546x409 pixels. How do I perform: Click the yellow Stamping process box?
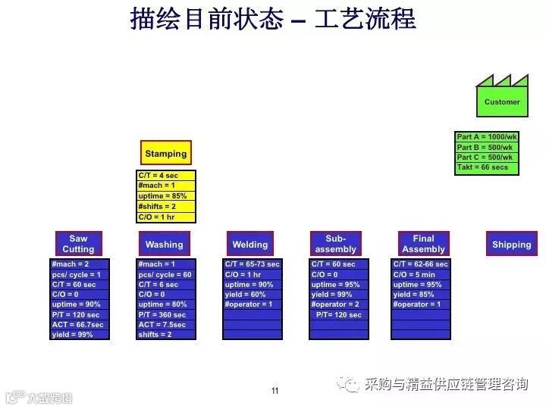click(166, 153)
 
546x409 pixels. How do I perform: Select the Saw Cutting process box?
click(78, 244)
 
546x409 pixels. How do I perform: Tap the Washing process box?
click(164, 244)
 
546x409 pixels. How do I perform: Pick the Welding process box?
click(249, 244)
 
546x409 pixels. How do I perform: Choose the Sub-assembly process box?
click(335, 244)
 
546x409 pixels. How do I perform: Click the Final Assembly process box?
click(423, 244)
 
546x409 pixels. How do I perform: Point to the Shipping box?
click(511, 244)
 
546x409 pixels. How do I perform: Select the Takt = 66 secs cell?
click(487, 167)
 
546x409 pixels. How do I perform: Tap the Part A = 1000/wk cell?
click(487, 137)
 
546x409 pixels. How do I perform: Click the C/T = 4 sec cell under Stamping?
click(166, 175)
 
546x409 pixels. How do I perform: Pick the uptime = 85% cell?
click(166, 195)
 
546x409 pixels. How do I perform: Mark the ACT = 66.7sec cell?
click(80, 324)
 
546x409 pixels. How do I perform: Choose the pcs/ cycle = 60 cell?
click(166, 274)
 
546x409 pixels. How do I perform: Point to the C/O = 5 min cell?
click(422, 274)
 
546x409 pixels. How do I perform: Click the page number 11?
click(275, 391)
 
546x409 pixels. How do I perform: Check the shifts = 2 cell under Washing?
click(166, 334)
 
